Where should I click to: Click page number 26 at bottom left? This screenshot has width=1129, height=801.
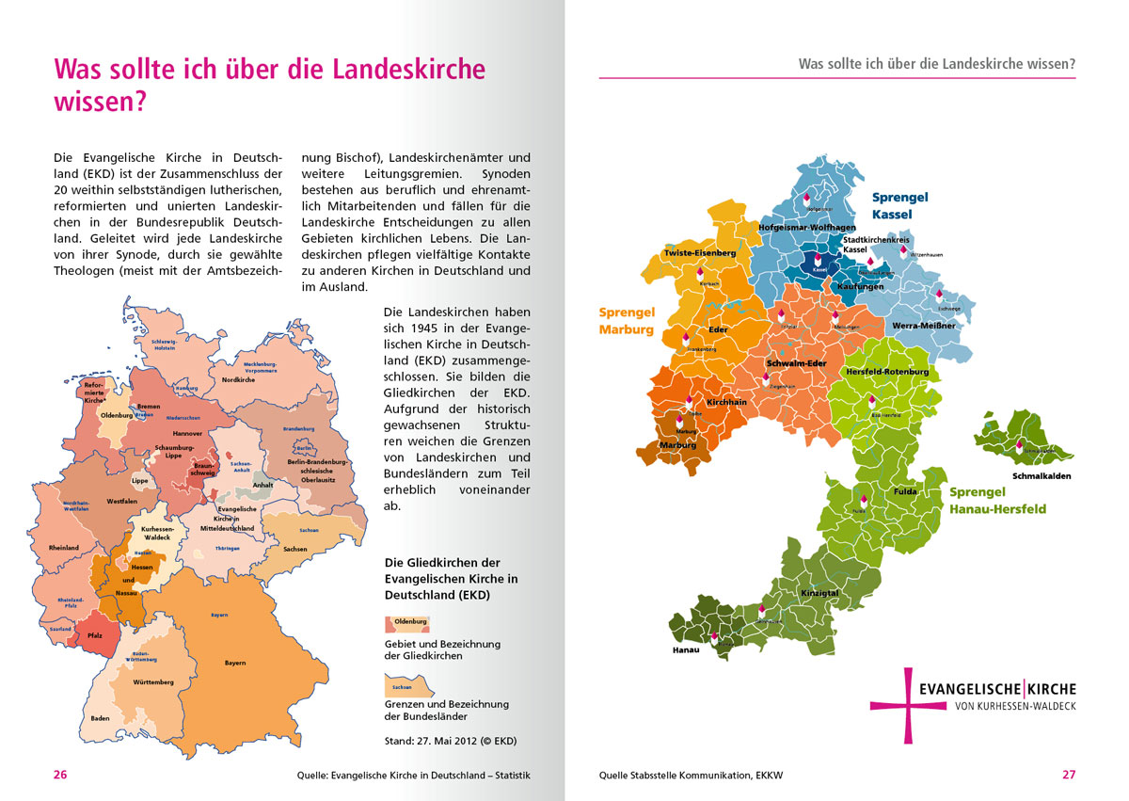(x=60, y=776)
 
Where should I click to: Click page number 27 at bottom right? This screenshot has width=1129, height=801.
(x=1069, y=776)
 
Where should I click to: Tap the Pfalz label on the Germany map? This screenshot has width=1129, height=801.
(x=95, y=636)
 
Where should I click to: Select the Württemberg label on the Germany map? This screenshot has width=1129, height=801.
(x=152, y=681)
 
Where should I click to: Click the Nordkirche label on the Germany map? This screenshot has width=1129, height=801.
(x=238, y=380)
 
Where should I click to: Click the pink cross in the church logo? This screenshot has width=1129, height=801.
(x=908, y=704)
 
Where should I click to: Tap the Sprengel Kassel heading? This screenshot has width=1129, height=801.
(x=899, y=206)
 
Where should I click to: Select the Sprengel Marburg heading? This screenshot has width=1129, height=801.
(x=626, y=320)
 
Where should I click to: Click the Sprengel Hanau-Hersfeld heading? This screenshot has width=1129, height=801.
(x=997, y=501)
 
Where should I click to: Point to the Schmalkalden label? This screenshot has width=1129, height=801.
(x=1042, y=476)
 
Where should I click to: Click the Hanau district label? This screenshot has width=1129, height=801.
(x=686, y=650)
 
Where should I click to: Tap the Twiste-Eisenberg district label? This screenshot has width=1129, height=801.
(x=699, y=253)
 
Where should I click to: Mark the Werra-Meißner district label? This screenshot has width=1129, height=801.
(x=924, y=326)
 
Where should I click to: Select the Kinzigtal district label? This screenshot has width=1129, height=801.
(x=819, y=593)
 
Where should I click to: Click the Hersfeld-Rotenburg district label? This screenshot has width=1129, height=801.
(x=887, y=372)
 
